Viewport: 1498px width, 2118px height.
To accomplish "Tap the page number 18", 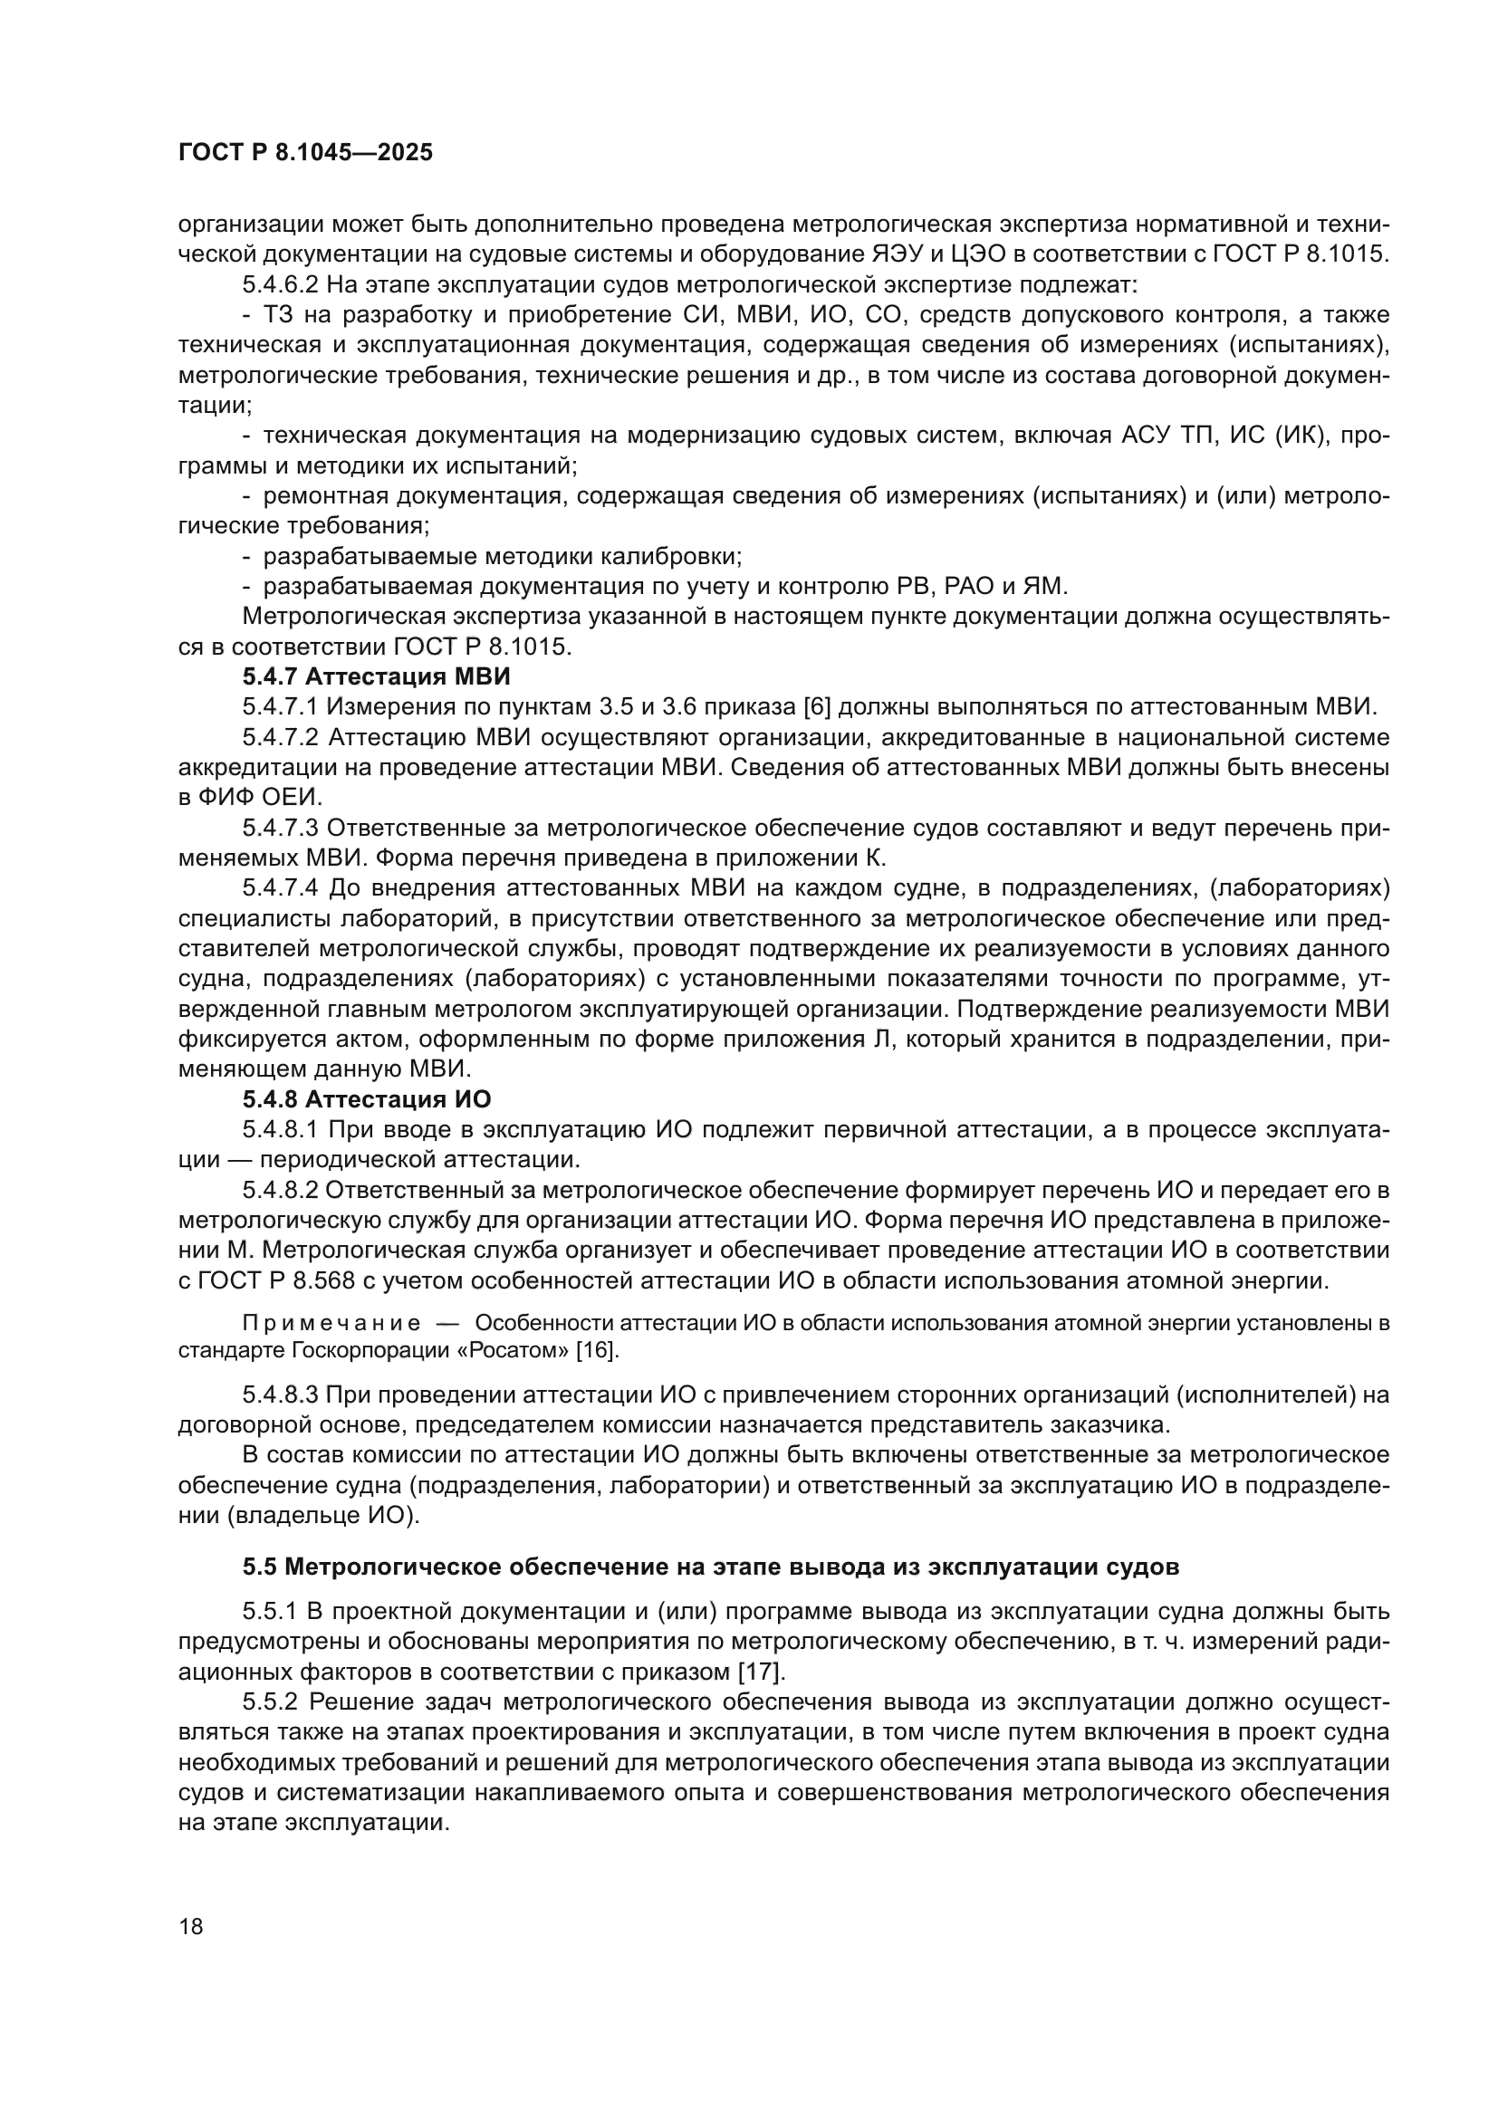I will pos(191,1927).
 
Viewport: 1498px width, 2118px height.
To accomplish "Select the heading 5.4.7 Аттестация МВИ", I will pos(377,676).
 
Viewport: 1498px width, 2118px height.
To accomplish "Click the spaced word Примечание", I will pos(331,1324).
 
